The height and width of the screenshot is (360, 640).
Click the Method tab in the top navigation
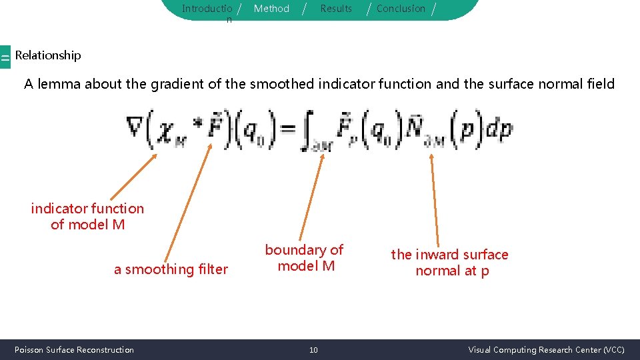click(x=271, y=9)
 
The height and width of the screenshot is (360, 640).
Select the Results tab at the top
click(x=336, y=9)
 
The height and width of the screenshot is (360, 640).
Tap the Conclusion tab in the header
click(x=401, y=9)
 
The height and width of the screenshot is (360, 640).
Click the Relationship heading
click(x=48, y=55)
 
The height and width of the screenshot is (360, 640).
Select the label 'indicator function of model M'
click(x=87, y=217)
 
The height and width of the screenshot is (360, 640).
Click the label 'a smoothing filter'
click(x=171, y=269)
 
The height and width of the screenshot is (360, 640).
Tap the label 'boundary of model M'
click(x=305, y=258)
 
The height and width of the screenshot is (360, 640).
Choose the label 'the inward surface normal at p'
click(x=450, y=263)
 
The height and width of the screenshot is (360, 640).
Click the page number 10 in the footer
click(x=313, y=350)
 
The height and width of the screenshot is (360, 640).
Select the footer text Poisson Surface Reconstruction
click(x=74, y=350)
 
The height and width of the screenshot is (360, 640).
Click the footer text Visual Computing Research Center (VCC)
click(x=546, y=350)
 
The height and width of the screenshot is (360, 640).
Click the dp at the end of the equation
click(x=499, y=129)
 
